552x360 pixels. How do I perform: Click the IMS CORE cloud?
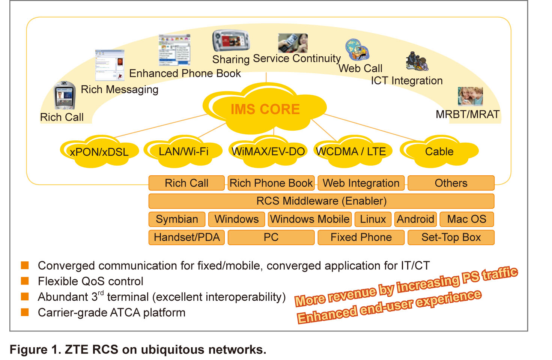[x=265, y=109]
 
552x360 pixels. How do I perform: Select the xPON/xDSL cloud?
[x=99, y=152]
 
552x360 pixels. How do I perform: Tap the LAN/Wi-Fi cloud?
[x=183, y=151]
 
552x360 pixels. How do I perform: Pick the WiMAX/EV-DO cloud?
[x=268, y=151]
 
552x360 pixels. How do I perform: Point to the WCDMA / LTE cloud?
[x=351, y=151]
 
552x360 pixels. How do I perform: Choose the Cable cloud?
[x=439, y=151]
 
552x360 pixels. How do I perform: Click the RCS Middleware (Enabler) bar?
[x=321, y=201]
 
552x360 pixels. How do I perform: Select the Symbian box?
[x=177, y=219]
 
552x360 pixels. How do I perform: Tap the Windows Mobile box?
[x=310, y=219]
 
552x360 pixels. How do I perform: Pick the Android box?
[x=415, y=219]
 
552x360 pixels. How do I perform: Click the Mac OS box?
[x=466, y=219]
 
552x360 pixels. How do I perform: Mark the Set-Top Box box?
[x=451, y=237]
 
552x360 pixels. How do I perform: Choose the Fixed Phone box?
[x=361, y=237]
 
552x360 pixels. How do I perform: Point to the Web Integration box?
[x=361, y=183]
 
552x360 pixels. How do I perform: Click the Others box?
[x=451, y=183]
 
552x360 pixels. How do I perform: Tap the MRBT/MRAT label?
[x=468, y=114]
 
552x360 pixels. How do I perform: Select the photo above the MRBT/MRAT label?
[x=470, y=96]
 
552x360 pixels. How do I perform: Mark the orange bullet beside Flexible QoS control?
[x=25, y=281]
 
